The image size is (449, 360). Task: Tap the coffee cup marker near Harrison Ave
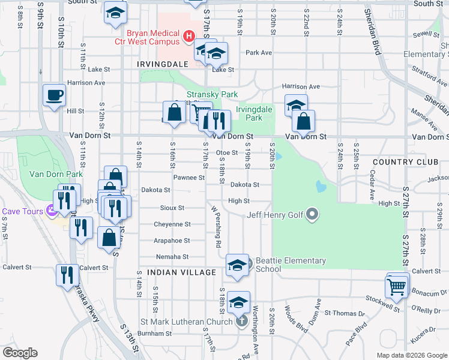[x=54, y=95]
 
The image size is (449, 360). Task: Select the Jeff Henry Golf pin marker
[x=312, y=214]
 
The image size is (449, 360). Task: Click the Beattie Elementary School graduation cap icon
[x=238, y=265]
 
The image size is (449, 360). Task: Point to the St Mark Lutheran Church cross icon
[x=241, y=321]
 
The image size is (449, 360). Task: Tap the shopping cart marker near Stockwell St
[x=397, y=287]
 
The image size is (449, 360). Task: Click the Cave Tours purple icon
[x=52, y=211]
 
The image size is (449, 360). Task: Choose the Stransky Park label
[x=212, y=94]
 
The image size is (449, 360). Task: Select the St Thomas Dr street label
[x=349, y=313]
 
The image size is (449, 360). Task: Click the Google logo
[x=20, y=353]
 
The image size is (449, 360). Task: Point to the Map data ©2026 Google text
[x=412, y=355]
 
